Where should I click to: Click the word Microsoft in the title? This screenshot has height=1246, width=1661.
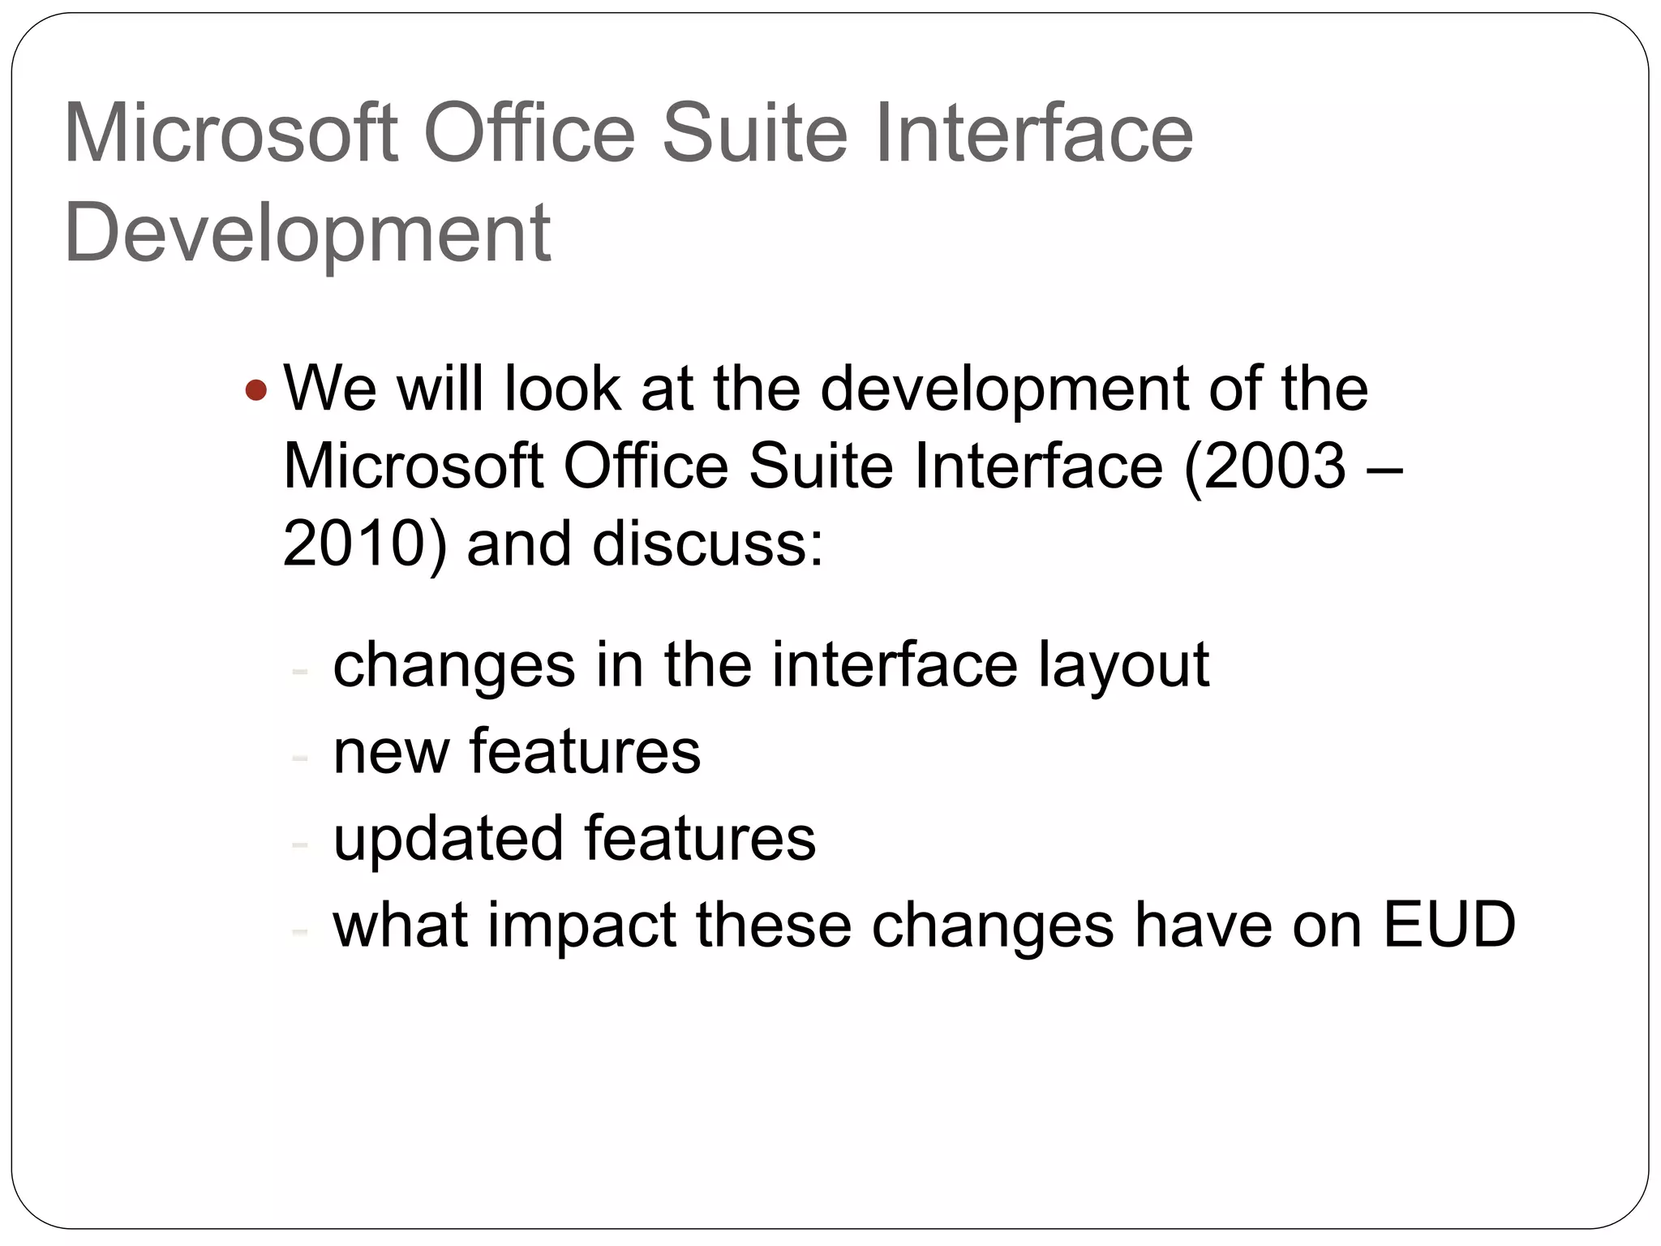point(230,133)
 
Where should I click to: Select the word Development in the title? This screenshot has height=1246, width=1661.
point(307,233)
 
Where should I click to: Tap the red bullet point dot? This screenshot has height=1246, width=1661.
point(255,391)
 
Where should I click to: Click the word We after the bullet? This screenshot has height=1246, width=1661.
point(329,389)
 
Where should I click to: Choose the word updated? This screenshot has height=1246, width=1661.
point(448,838)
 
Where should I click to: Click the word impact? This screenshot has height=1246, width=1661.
point(582,926)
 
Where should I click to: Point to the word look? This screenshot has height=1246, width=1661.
point(562,389)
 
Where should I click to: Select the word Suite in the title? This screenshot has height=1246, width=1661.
point(755,133)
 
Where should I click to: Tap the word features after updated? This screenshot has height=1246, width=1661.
point(699,838)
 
